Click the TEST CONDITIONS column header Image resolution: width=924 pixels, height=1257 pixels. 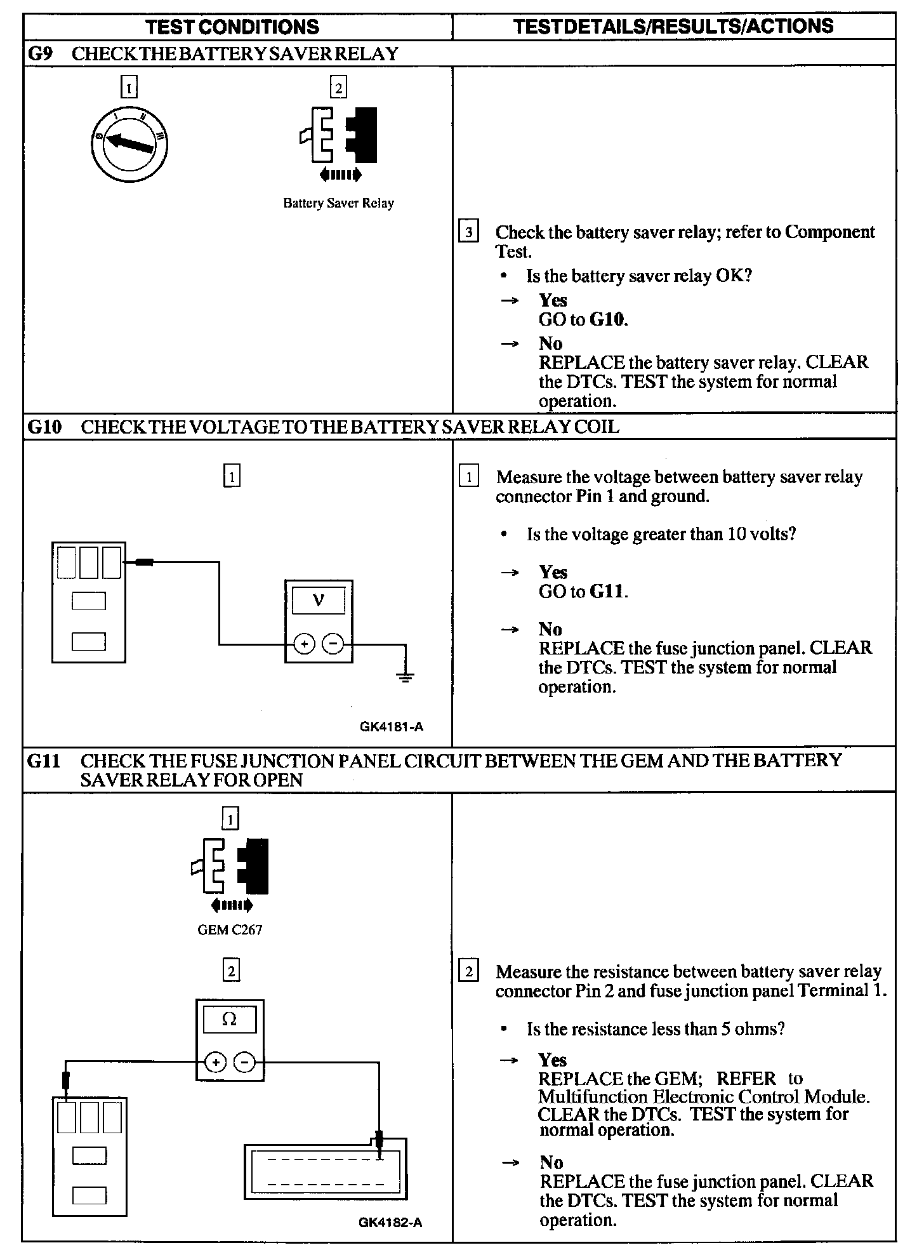point(232,27)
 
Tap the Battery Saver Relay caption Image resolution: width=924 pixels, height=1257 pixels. point(338,204)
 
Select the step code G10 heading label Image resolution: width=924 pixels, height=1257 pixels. point(44,427)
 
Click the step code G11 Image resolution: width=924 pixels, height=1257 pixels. point(44,761)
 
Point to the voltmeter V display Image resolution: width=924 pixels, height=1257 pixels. point(319,600)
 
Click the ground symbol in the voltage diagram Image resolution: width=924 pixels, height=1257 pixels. point(406,677)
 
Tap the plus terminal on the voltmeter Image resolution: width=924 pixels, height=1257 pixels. point(305,645)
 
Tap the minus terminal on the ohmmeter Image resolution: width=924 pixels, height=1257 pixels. point(246,1061)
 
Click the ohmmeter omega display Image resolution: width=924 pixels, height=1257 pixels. point(229,1020)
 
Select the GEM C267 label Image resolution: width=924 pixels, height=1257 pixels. point(230,930)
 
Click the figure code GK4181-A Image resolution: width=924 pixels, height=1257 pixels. point(391,727)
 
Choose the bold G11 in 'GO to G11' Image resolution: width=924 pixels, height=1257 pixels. point(608,592)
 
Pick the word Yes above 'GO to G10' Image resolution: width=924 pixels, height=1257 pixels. point(553,300)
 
